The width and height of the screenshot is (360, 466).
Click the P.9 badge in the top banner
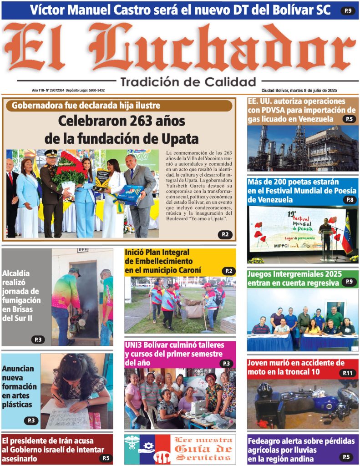pyautogui.click(x=348, y=10)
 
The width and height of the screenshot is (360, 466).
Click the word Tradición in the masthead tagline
pyautogui.click(x=150, y=82)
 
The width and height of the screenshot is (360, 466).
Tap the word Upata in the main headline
pyautogui.click(x=181, y=138)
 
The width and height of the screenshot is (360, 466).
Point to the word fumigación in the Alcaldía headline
pyautogui.click(x=21, y=300)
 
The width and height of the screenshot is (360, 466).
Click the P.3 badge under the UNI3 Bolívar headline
pyautogui.click(x=226, y=363)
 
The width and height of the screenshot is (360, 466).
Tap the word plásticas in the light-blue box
pyautogui.click(x=17, y=404)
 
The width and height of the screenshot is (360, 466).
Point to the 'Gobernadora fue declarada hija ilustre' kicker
pyautogui.click(x=86, y=106)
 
